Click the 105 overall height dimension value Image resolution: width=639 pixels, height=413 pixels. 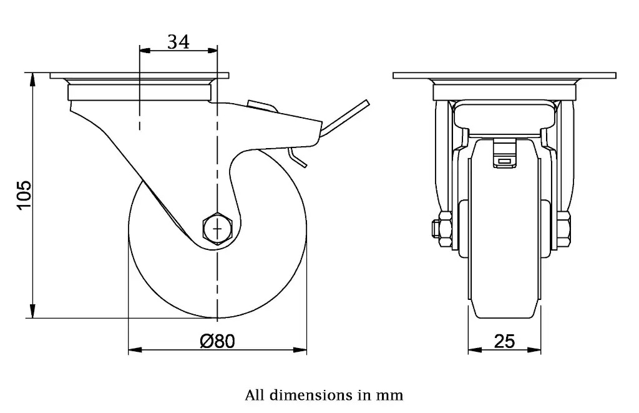click(x=24, y=196)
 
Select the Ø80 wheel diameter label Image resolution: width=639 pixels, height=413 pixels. click(x=217, y=341)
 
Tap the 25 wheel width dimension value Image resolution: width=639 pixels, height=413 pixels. click(x=504, y=341)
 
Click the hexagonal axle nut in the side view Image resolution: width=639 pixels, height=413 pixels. click(x=217, y=229)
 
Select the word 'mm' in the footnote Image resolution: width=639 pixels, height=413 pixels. click(x=390, y=395)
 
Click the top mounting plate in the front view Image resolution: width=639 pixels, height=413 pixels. click(x=504, y=76)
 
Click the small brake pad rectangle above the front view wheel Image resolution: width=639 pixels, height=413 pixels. click(x=504, y=161)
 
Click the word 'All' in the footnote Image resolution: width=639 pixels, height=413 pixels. click(x=254, y=395)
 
